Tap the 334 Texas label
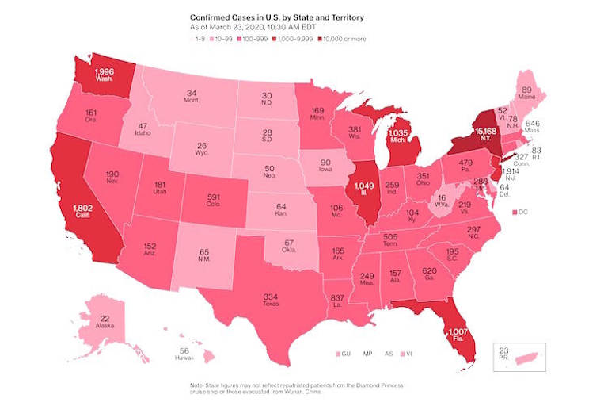point(272,299)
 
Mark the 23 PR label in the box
point(505,353)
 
